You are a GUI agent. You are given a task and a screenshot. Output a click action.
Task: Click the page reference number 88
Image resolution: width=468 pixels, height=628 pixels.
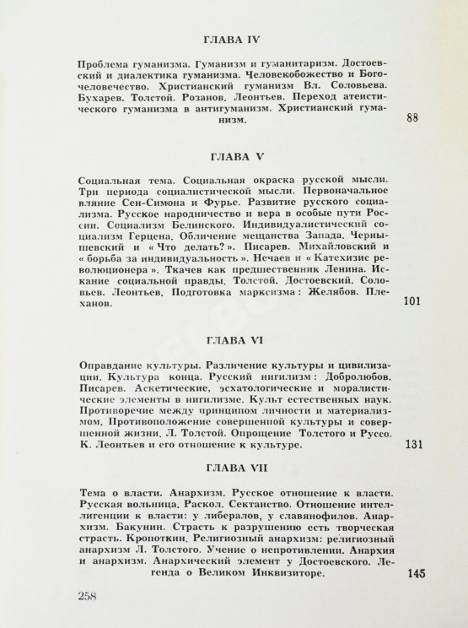[x=412, y=120]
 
